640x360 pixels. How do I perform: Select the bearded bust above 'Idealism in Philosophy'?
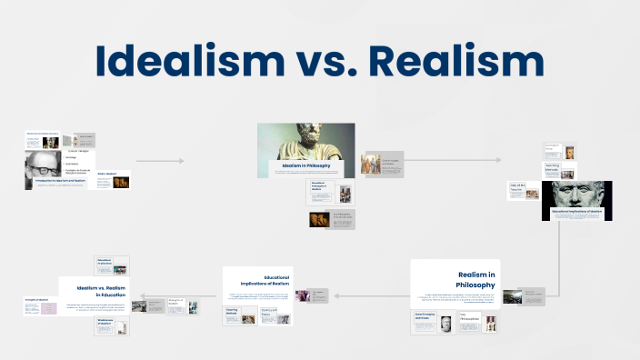(x=305, y=141)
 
